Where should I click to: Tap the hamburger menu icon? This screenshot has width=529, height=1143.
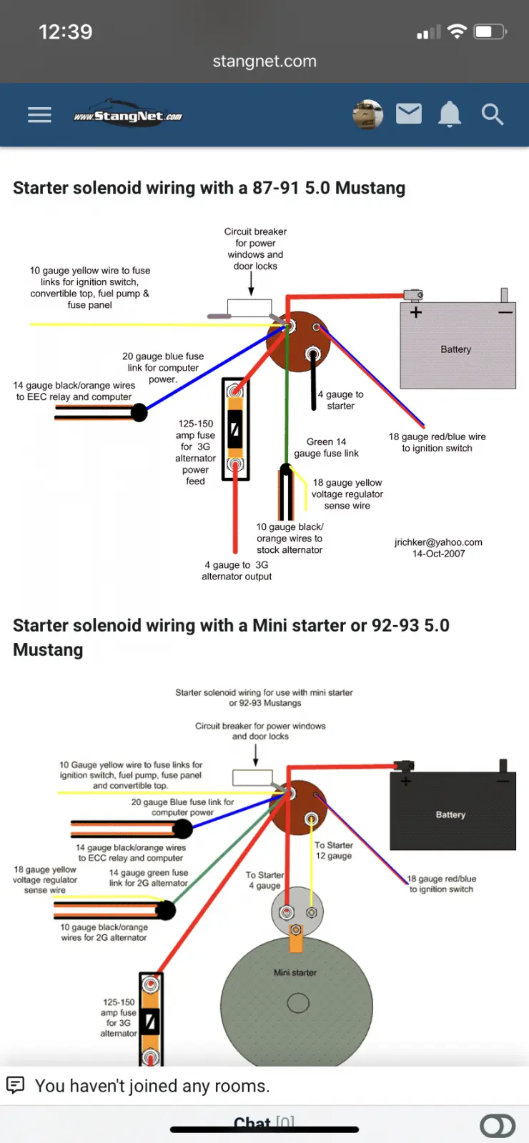(x=39, y=115)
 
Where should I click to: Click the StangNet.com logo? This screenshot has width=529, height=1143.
(x=128, y=115)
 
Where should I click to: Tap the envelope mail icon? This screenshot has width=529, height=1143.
(x=409, y=114)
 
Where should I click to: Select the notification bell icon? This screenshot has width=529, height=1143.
(x=450, y=114)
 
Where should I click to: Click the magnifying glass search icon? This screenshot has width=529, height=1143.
(x=493, y=114)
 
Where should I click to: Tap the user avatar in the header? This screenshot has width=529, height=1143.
(x=367, y=114)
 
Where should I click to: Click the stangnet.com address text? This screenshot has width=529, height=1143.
(x=264, y=61)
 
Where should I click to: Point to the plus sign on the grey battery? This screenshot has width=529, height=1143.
(x=415, y=311)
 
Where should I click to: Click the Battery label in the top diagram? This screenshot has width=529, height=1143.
(x=455, y=349)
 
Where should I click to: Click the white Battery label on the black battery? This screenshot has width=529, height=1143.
(x=450, y=814)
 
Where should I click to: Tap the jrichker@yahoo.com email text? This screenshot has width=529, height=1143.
(x=438, y=542)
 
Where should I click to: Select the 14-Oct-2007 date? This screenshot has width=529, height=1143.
(x=439, y=554)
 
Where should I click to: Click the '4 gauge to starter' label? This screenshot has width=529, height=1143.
(x=340, y=400)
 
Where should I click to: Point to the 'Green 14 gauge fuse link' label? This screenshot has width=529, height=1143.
(x=326, y=447)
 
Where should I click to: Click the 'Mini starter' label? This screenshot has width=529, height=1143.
(x=295, y=972)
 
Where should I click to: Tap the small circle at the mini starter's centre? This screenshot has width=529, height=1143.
(x=298, y=1003)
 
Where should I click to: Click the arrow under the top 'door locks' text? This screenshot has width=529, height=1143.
(x=251, y=284)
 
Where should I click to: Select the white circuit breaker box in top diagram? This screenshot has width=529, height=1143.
(x=249, y=308)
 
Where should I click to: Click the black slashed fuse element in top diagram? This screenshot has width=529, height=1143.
(x=235, y=429)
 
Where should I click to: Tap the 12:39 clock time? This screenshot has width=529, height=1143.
(x=65, y=32)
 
